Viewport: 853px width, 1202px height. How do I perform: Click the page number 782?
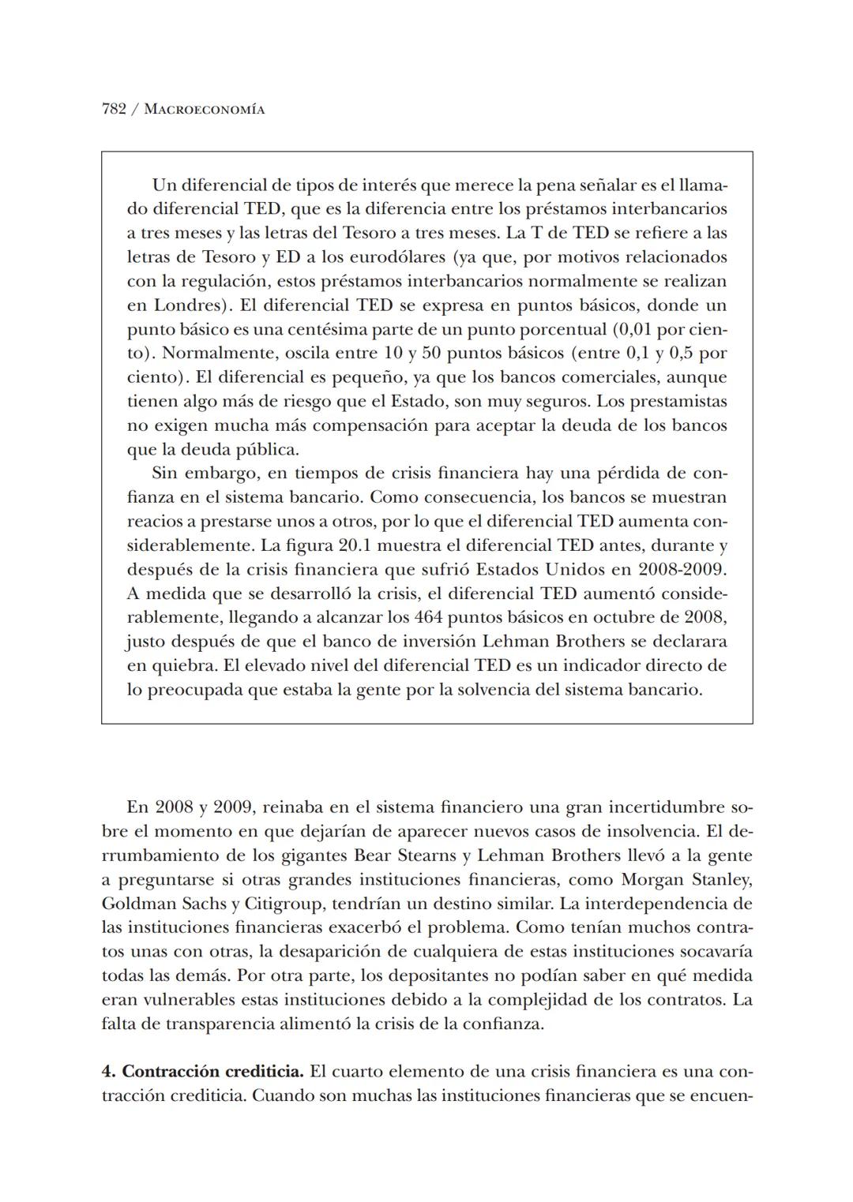pos(114,110)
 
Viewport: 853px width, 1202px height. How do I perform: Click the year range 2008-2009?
pos(682,569)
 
